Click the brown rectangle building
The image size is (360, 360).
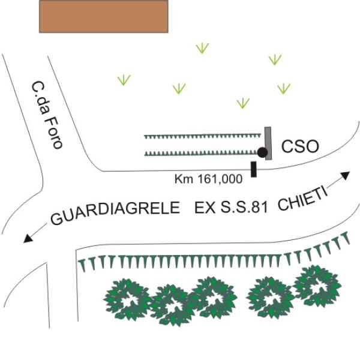[x=104, y=16]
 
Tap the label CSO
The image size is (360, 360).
[x=300, y=147]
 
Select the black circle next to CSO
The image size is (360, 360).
[x=262, y=152]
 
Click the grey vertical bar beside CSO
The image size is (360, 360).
[x=268, y=143]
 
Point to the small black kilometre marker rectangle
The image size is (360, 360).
[x=253, y=169]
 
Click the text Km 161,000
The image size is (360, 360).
[x=208, y=179]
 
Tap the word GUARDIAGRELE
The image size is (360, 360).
[x=115, y=212]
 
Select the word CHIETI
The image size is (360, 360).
[x=303, y=199]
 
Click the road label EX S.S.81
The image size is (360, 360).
[x=231, y=208]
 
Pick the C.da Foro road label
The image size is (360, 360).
[x=47, y=115]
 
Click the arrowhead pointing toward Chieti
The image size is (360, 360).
[x=346, y=175]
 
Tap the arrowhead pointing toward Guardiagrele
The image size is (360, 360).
[x=28, y=238]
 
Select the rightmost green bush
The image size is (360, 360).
[x=317, y=286]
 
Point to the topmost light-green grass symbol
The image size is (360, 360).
[x=202, y=48]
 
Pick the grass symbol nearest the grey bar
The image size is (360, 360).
[x=243, y=103]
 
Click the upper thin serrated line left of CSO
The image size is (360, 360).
[x=203, y=136]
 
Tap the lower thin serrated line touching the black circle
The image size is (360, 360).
[x=202, y=153]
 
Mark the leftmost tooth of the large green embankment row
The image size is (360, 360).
[x=83, y=266]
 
